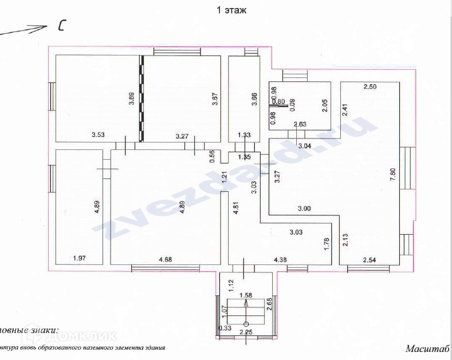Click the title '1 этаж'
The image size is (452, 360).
point(231,10)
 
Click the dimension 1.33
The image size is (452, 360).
point(245,136)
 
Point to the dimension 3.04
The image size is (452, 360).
point(305,145)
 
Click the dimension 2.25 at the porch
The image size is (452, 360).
point(246,332)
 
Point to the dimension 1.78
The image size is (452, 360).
point(327,244)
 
